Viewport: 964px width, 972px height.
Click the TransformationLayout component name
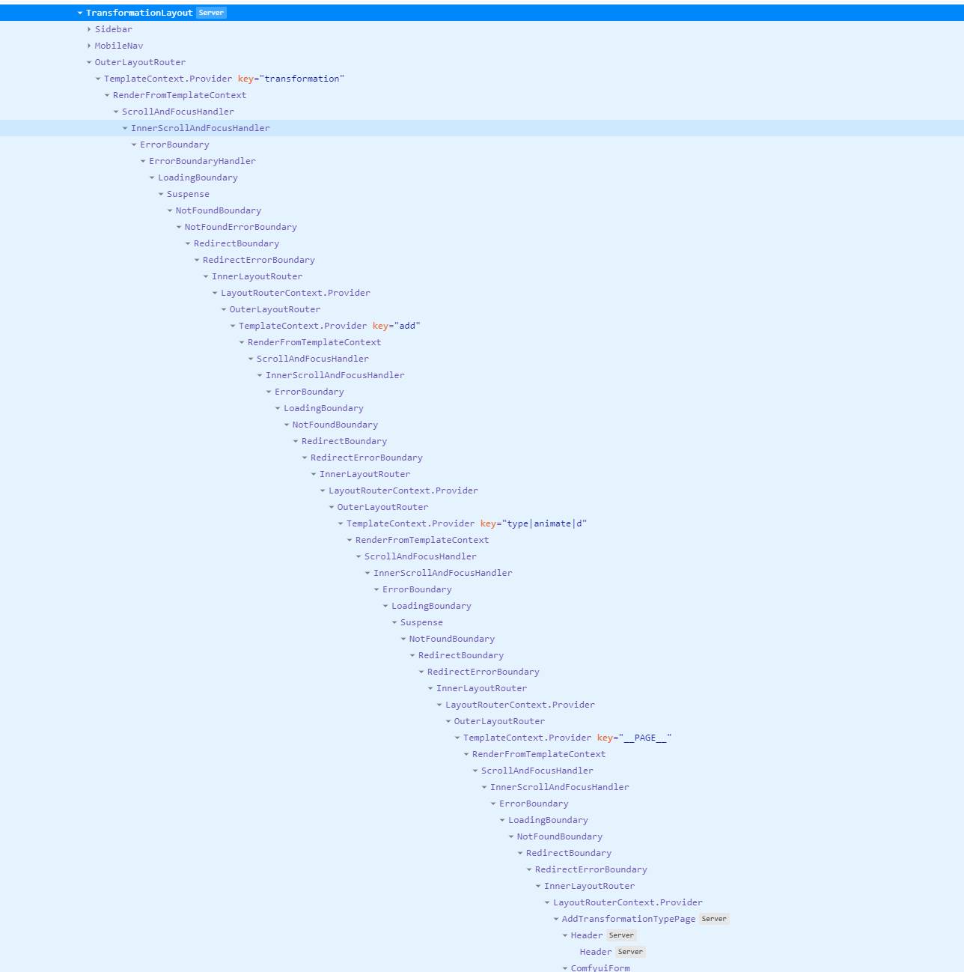point(139,13)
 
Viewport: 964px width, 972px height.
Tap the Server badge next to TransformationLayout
point(211,13)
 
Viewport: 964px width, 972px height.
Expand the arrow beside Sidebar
point(89,29)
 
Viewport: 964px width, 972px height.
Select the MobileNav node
point(119,46)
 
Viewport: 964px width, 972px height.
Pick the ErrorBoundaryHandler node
point(202,161)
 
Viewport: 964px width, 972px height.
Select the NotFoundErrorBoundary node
point(240,227)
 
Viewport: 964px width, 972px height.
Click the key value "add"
point(407,326)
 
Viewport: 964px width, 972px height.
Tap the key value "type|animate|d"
point(545,523)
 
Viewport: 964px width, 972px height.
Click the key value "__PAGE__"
point(645,738)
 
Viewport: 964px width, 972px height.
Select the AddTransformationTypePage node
point(629,919)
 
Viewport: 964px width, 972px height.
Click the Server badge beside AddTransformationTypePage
point(714,919)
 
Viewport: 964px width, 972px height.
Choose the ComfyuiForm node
point(600,968)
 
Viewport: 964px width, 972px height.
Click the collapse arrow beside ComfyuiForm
point(565,968)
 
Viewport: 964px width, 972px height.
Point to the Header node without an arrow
point(596,951)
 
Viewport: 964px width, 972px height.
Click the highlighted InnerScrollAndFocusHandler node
point(200,128)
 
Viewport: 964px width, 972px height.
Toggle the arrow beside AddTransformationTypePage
point(556,919)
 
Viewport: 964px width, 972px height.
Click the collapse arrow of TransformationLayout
point(80,13)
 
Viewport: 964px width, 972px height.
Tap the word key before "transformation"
point(245,79)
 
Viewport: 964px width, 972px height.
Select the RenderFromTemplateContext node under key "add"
point(314,342)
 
